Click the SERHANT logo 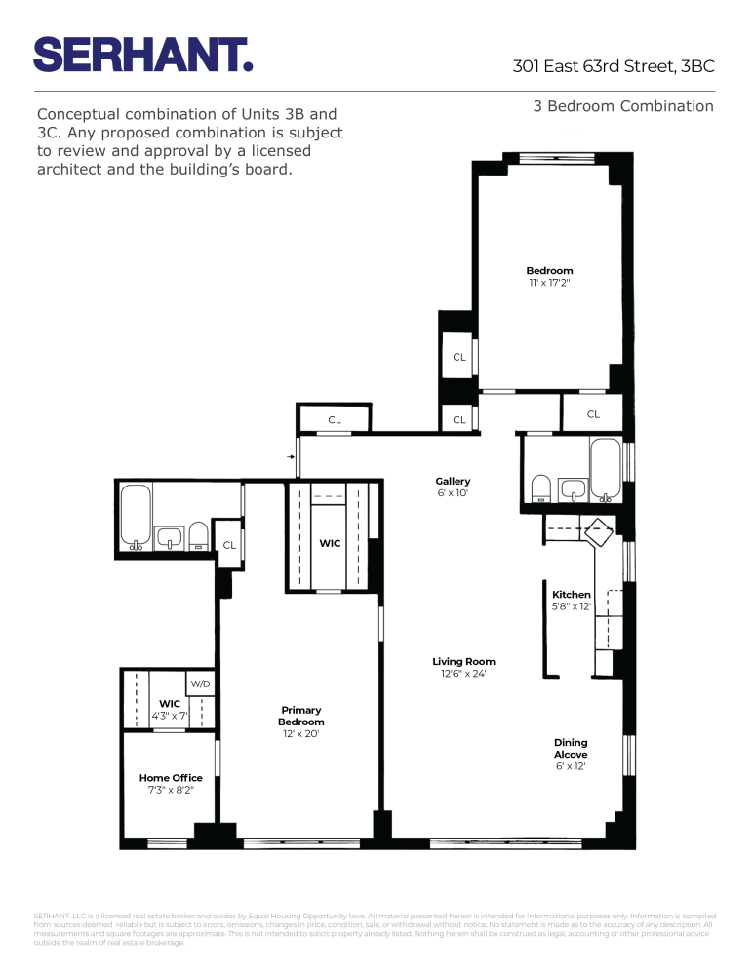[x=143, y=54]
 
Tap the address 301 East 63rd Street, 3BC [x=614, y=67]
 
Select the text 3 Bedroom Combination [x=622, y=106]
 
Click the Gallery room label [x=453, y=481]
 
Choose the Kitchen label [x=572, y=594]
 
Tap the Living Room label [x=463, y=662]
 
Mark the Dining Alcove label [x=571, y=748]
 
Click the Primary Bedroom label [x=300, y=716]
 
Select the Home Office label [x=171, y=778]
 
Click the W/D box [x=200, y=684]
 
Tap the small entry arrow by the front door [x=291, y=455]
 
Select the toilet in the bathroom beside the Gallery [x=539, y=487]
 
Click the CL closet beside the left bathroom [x=229, y=545]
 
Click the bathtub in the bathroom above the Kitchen [x=606, y=470]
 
